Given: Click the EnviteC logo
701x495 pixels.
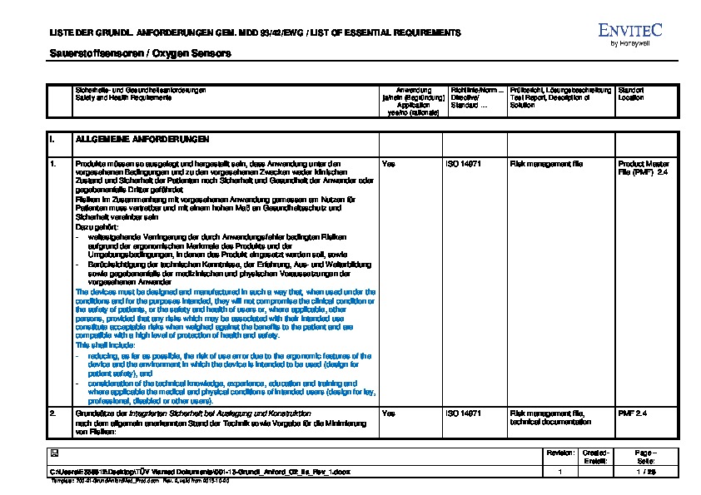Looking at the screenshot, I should pos(629,30).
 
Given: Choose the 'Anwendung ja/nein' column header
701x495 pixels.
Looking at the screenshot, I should pos(413,97).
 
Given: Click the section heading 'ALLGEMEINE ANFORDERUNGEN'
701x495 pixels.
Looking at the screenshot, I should pos(142,139).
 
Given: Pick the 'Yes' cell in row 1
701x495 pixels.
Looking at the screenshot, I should pos(388,164).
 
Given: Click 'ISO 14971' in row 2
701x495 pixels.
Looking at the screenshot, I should pos(465,413).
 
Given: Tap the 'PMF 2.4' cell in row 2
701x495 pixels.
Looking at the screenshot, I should pos(632,413).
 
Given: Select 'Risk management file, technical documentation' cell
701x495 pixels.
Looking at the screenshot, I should pos(549,417).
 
